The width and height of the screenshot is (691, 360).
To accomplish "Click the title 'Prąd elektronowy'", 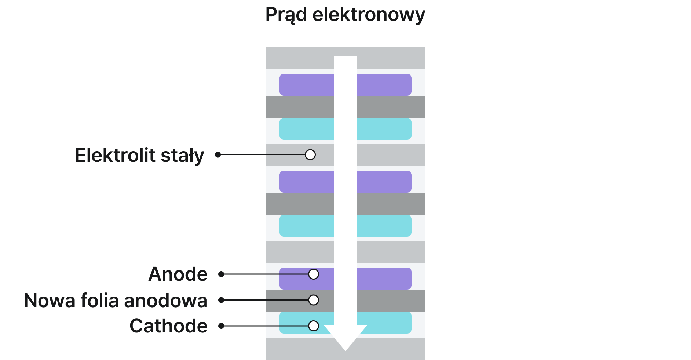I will coord(345,15).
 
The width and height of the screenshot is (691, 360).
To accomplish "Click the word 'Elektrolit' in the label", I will coord(115,155).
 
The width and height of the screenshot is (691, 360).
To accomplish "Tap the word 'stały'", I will coord(182,156).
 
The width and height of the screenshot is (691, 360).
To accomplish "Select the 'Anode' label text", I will coord(178,274).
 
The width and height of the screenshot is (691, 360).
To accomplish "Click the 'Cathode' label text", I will coord(168,326).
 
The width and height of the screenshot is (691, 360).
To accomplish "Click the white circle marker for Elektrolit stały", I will coord(310,155).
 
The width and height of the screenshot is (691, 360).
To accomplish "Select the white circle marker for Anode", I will coord(314,274).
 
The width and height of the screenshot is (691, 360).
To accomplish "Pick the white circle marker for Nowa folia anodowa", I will coord(314,300).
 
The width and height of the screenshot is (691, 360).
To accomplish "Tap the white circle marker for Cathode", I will coord(314,326).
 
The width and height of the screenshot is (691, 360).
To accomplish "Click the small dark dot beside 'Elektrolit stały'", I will coord(218,155).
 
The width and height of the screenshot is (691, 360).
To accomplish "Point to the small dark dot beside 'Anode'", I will coord(221,274).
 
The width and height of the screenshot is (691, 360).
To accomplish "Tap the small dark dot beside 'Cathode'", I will coord(221,326).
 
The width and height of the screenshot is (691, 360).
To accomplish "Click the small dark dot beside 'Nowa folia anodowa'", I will coord(221,300).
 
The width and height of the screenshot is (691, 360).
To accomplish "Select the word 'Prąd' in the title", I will coord(286,15).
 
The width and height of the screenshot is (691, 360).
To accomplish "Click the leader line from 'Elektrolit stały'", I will coord(262,155).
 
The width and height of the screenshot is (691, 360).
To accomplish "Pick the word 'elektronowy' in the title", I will coord(369,15).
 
